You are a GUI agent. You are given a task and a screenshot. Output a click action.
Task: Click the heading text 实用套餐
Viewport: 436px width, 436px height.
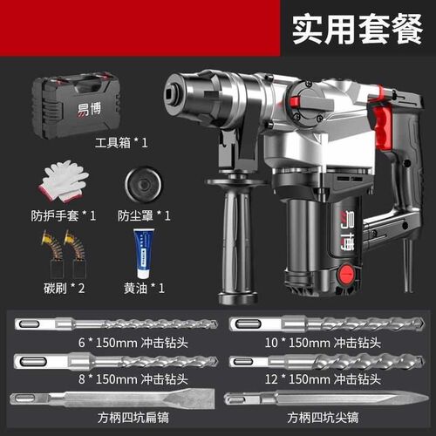click(358, 29)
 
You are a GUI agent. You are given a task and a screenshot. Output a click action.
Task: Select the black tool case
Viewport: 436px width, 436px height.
click(76, 105)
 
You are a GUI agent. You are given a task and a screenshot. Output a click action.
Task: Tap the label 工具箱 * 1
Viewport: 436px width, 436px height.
click(121, 143)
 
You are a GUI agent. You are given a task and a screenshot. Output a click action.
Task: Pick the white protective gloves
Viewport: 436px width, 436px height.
click(63, 181)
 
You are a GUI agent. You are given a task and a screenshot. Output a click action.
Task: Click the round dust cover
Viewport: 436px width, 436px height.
click(143, 184)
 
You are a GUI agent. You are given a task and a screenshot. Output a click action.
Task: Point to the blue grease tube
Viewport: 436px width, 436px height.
click(144, 254)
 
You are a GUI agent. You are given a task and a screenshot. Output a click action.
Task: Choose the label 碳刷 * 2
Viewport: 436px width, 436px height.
click(65, 289)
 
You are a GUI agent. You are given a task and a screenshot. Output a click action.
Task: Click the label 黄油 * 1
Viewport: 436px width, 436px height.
click(144, 289)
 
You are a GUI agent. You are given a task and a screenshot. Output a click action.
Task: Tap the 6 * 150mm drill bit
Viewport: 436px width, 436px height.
click(116, 324)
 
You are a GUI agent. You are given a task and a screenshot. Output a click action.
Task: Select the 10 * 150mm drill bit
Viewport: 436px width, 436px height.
click(327, 324)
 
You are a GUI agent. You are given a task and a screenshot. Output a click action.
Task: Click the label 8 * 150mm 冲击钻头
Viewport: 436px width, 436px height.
click(133, 379)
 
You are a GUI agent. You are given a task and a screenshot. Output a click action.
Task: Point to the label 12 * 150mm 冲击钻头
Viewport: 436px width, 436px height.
click(323, 379)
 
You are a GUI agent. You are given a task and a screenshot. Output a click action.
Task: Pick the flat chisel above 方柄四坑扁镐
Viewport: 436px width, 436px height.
click(112, 398)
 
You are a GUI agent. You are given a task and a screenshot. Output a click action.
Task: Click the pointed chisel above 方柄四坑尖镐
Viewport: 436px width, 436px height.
click(327, 399)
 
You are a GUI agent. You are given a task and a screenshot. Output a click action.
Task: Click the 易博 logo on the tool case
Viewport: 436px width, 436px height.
click(89, 110)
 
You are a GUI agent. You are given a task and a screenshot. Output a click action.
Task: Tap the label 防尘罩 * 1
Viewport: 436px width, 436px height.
click(144, 215)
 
